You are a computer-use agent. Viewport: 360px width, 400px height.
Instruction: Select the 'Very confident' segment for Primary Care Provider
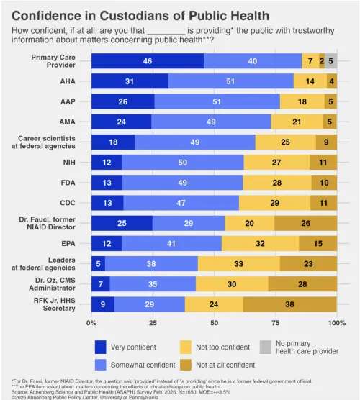[x=148, y=61]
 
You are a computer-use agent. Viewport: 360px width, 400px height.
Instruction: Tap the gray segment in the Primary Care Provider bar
[x=330, y=61]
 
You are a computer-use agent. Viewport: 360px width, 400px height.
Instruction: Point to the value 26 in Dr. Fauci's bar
[x=305, y=222]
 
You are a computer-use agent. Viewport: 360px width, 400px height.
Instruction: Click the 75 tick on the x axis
[x=275, y=323]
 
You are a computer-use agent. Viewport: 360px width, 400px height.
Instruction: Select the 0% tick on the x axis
[x=92, y=323]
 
